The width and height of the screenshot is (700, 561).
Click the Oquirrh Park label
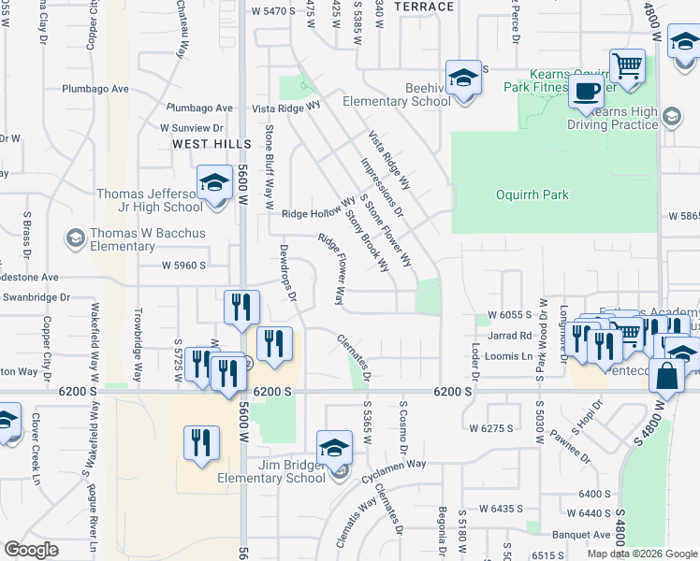pyautogui.click(x=532, y=195)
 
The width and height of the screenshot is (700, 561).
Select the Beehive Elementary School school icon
pyautogui.click(x=462, y=78)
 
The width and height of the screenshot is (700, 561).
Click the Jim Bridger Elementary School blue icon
pyautogui.click(x=334, y=447)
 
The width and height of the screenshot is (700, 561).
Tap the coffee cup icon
pyautogui.click(x=587, y=92)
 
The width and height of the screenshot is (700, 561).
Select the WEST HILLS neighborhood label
pyautogui.click(x=211, y=144)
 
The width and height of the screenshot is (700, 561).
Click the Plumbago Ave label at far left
pyautogui.click(x=95, y=89)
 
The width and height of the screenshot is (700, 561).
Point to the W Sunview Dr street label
pyautogui.click(x=193, y=127)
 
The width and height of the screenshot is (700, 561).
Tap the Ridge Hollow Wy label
pyautogui.click(x=319, y=214)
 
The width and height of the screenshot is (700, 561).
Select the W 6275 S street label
pyautogui.click(x=490, y=428)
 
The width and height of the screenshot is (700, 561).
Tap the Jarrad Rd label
pyautogui.click(x=509, y=335)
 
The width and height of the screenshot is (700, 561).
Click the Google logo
pyautogui.click(x=30, y=550)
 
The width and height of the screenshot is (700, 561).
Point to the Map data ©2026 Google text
pyautogui.click(x=642, y=554)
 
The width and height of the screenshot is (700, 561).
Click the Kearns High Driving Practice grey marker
pyautogui.click(x=670, y=116)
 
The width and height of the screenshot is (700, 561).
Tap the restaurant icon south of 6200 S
pyautogui.click(x=201, y=443)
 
